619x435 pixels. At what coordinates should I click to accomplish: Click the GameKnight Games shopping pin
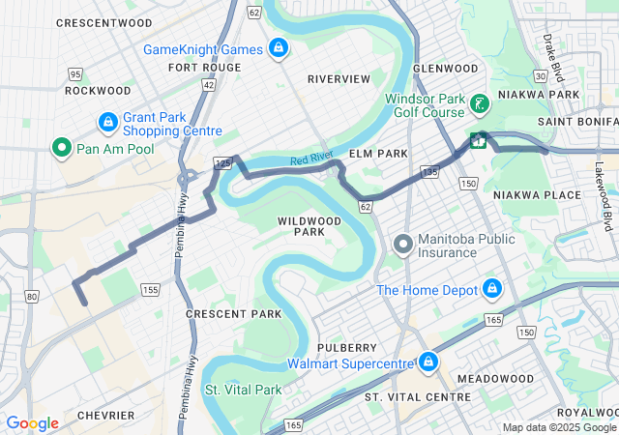(279, 48)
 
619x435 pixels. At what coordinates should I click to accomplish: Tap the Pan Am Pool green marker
(61, 148)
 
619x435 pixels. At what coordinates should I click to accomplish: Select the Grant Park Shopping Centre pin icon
(108, 123)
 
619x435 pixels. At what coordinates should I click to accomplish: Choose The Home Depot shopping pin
(491, 289)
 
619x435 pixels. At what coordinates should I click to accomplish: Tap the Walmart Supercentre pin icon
(427, 362)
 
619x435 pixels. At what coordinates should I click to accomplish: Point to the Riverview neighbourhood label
(339, 78)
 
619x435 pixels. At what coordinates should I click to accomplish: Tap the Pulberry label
(345, 347)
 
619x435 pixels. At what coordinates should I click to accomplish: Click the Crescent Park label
(233, 314)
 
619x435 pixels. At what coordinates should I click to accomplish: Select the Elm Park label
(379, 154)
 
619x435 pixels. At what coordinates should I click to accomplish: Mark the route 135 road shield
(430, 171)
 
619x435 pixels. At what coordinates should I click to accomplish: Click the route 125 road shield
(223, 164)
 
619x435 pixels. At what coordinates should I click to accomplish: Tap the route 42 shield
(208, 85)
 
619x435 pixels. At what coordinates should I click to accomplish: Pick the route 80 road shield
(33, 296)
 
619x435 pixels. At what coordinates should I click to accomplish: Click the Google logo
(32, 423)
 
